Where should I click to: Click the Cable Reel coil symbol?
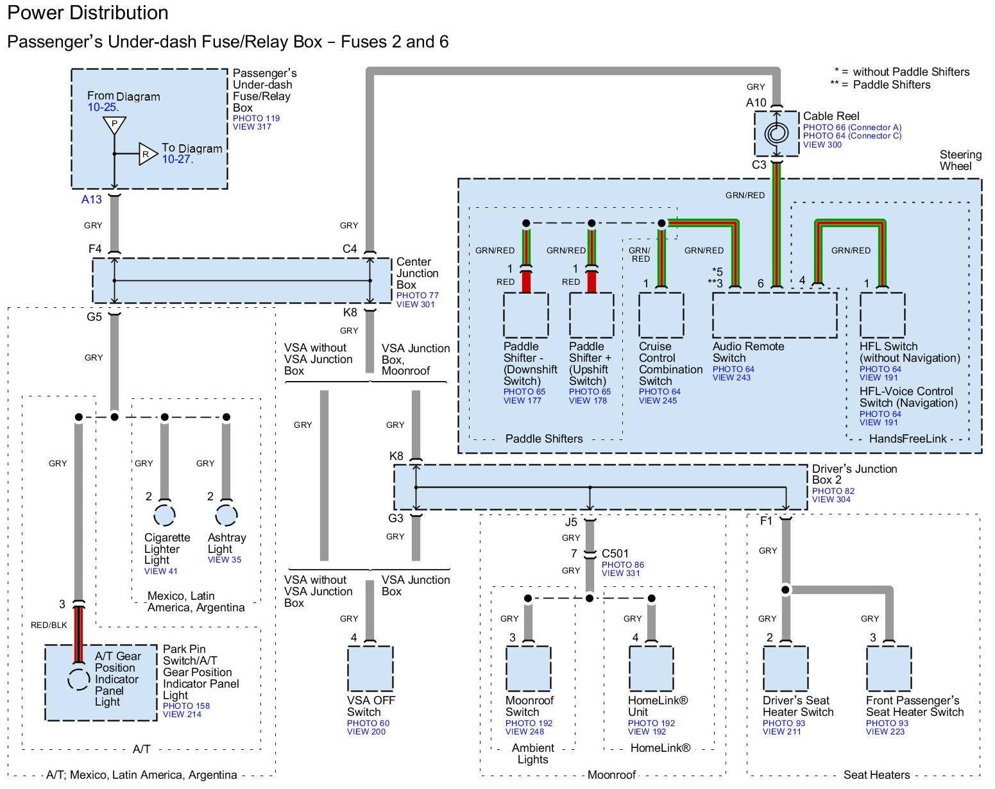[x=776, y=133]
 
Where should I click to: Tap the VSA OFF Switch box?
[x=370, y=668]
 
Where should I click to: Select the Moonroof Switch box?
[x=528, y=668]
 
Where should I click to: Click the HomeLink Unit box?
[x=651, y=668]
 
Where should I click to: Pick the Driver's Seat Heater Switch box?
[x=785, y=668]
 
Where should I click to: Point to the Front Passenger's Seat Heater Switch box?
[x=889, y=668]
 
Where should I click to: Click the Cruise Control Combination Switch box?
[x=661, y=315]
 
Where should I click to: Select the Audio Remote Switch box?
[x=774, y=315]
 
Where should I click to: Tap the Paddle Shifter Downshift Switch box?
[x=525, y=315]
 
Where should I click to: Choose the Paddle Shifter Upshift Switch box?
[x=591, y=315]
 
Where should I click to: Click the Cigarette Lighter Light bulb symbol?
[x=164, y=514]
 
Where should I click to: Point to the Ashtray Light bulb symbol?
[x=226, y=514]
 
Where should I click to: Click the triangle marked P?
[x=114, y=124]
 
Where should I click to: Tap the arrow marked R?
[x=148, y=154]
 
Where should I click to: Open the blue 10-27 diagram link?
[x=176, y=160]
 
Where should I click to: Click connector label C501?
[x=615, y=554]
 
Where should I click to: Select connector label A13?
[x=92, y=199]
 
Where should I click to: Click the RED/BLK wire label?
[x=49, y=625]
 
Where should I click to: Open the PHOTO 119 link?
[x=256, y=118]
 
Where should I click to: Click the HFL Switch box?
[x=882, y=315]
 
